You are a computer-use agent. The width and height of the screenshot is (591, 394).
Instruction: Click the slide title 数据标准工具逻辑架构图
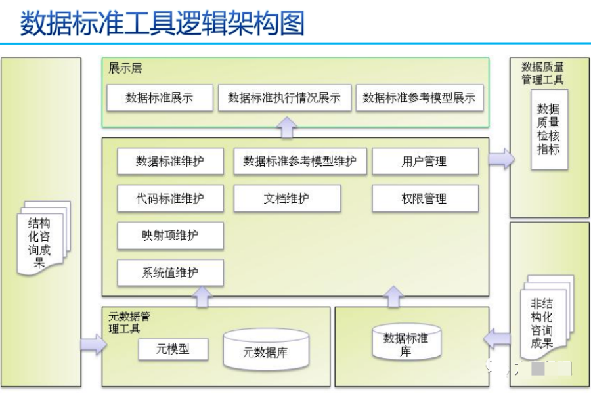coord(162,24)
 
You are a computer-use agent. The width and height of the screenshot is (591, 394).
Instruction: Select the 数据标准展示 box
coord(160,98)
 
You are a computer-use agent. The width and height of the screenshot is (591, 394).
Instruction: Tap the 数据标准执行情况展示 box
coord(284,98)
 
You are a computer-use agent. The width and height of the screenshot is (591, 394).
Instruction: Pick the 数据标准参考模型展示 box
coord(419,98)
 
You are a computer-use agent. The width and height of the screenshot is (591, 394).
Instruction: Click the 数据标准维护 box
coord(170,162)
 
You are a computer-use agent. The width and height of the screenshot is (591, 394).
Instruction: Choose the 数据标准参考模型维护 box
coord(299,162)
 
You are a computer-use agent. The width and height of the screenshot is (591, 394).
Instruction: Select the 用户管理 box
coord(424,162)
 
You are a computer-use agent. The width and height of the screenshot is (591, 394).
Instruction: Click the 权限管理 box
coord(424,198)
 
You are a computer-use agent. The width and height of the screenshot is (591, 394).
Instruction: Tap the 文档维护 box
coord(287,198)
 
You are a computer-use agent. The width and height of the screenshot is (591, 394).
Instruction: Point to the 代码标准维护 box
coord(170,198)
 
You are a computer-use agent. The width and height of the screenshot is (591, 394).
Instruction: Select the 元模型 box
coord(173,349)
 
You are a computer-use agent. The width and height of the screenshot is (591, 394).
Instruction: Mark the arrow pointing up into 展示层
coord(287,127)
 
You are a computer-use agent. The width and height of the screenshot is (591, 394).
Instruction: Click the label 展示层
coord(125,68)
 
